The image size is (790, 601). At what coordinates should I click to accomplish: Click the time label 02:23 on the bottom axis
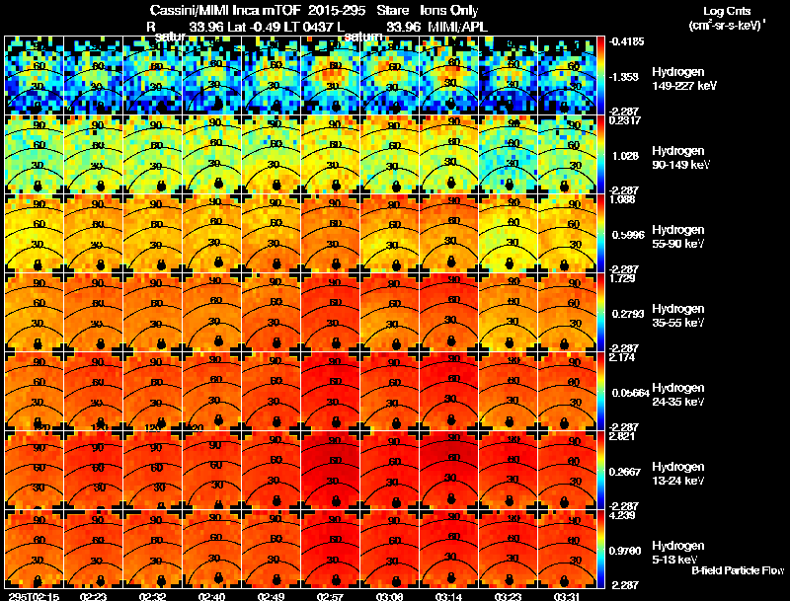tap(94, 595)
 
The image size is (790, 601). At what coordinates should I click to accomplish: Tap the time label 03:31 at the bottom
tap(568, 595)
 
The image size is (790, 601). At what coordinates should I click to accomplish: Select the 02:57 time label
tap(331, 595)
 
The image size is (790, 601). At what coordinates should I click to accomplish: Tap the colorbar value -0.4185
tap(629, 41)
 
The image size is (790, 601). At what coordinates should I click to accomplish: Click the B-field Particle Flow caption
tap(738, 570)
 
